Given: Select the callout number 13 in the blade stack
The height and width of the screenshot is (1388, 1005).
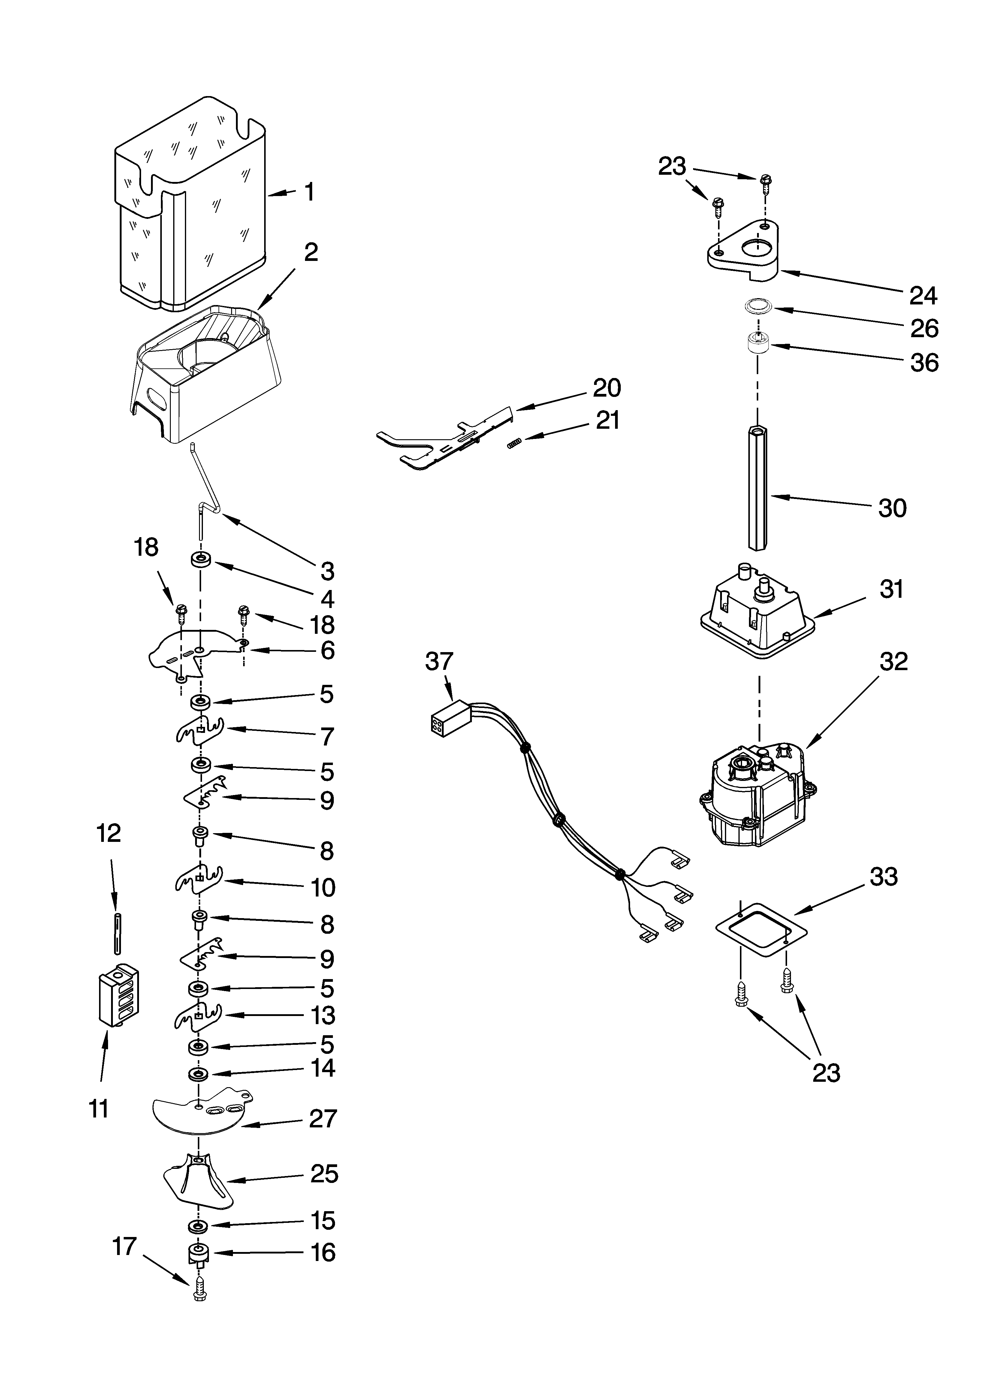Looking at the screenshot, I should click(323, 1016).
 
